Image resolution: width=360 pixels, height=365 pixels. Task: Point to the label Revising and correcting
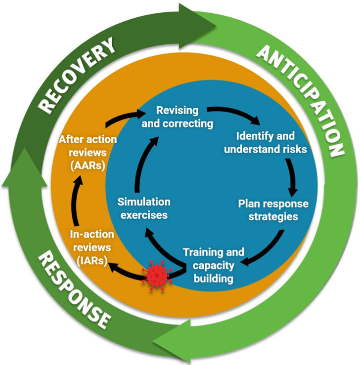tap(177, 117)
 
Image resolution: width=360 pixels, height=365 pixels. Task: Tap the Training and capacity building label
tap(213, 265)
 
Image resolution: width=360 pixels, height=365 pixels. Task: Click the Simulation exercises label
tap(143, 208)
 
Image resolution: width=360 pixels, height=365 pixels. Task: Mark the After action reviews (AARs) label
tap(88, 152)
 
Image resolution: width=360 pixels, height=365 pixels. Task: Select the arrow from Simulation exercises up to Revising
tap(138, 162)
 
